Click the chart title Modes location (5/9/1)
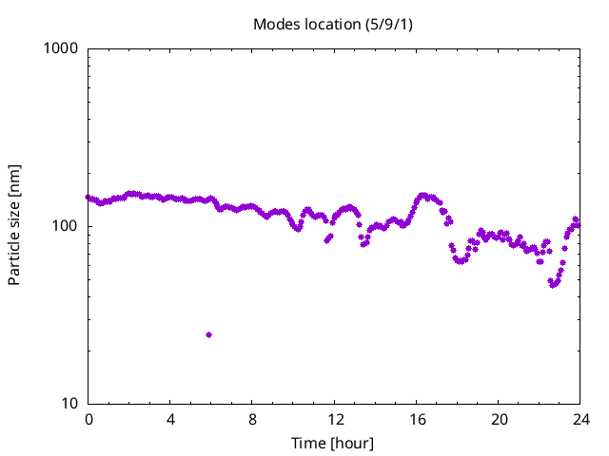pyautogui.click(x=333, y=24)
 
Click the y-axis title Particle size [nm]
pyautogui.click(x=14, y=225)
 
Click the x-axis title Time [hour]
pyautogui.click(x=333, y=444)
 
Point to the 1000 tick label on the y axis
pyautogui.click(x=62, y=48)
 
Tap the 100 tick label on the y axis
pyautogui.click(x=66, y=226)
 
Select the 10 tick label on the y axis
pyautogui.click(x=69, y=404)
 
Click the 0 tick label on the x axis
pyautogui.click(x=88, y=419)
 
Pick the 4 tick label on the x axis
pyautogui.click(x=170, y=419)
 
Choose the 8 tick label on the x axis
pyautogui.click(x=252, y=419)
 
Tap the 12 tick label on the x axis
pyautogui.click(x=335, y=419)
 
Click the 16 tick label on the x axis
pyautogui.click(x=417, y=419)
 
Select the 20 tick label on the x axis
pyautogui.click(x=499, y=419)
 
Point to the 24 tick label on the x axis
pyautogui.click(x=580, y=419)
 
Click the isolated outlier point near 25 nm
pyautogui.click(x=208, y=334)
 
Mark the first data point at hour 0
pyautogui.click(x=88, y=198)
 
